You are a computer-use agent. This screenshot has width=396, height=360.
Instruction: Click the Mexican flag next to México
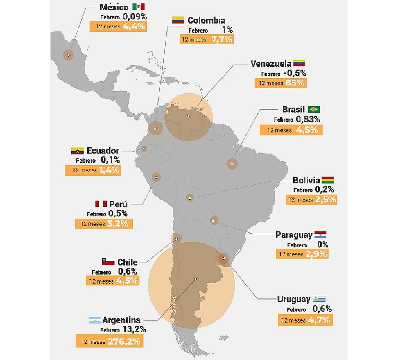tap(139, 7)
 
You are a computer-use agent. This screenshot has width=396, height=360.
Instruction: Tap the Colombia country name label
tap(206, 20)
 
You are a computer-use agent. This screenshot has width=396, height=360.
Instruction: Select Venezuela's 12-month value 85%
tap(294, 83)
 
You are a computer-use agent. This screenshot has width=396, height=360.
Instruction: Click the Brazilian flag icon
tap(314, 109)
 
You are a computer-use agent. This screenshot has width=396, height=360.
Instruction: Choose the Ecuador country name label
tap(103, 151)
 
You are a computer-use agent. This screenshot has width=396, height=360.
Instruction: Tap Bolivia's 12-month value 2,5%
tap(325, 199)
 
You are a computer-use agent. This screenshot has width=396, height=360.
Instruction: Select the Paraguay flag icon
tap(321, 235)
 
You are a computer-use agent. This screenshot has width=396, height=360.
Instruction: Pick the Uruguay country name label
tap(294, 299)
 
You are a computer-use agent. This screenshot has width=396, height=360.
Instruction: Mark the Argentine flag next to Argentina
tap(95, 320)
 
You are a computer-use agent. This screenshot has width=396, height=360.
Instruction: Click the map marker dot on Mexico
tap(68, 55)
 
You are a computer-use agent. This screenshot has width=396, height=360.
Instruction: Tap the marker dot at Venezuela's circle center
tap(188, 116)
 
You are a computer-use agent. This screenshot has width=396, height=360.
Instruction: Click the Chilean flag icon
tap(108, 262)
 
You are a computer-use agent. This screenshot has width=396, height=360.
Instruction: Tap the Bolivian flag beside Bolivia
tap(328, 180)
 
